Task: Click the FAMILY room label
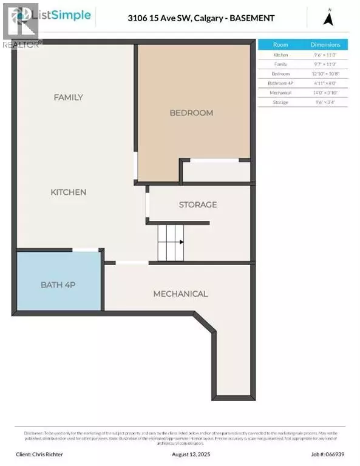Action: [68, 97]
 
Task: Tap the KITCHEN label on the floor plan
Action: [68, 192]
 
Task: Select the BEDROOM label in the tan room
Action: [191, 113]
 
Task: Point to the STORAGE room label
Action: [197, 205]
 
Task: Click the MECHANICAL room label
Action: [180, 294]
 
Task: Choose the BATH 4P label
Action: [58, 285]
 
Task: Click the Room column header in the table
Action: [280, 44]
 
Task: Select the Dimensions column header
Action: [325, 44]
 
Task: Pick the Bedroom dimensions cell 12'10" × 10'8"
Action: [325, 73]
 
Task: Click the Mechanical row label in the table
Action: [280, 93]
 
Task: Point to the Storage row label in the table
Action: [280, 102]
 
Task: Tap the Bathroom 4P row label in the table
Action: [280, 83]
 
